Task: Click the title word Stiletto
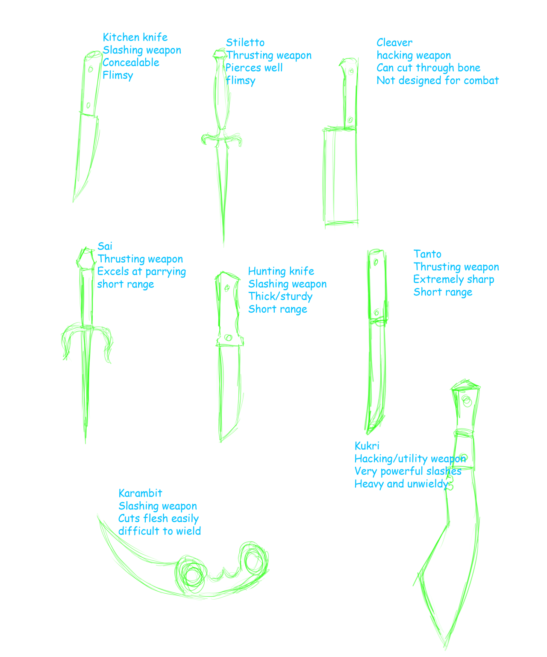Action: (245, 42)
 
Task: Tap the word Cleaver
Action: (394, 42)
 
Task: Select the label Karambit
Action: (140, 493)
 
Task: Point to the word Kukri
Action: (367, 446)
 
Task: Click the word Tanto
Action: (427, 254)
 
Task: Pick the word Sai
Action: (105, 246)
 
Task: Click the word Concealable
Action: (131, 62)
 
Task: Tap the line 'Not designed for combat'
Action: (438, 80)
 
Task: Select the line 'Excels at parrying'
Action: (141, 272)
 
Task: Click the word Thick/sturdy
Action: (280, 296)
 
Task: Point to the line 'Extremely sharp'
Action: (454, 279)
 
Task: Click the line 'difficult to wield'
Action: (159, 531)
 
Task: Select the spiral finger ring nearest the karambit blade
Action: (191, 575)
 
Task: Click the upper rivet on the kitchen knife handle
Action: (91, 69)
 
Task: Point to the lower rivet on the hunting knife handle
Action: (229, 337)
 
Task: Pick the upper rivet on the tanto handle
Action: (376, 262)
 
